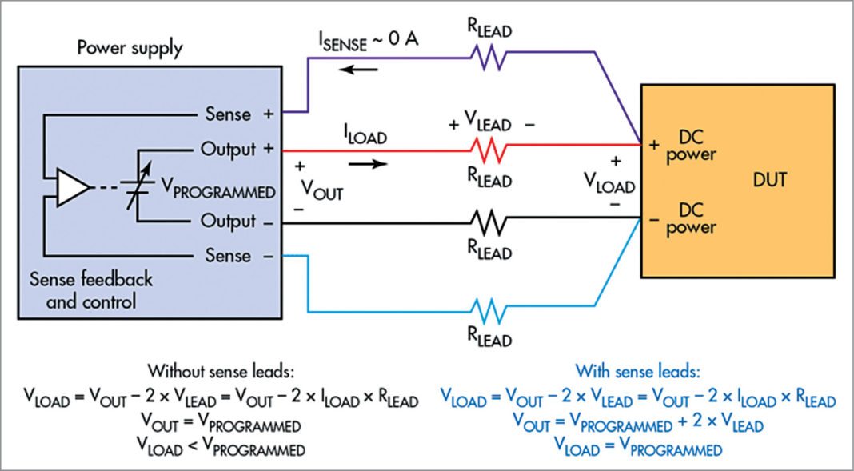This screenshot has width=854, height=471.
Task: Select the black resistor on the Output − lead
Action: coord(489,222)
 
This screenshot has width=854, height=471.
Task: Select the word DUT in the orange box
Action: coord(768,181)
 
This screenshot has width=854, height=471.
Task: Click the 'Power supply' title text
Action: coord(130,48)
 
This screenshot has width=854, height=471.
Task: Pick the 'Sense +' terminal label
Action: coord(239,114)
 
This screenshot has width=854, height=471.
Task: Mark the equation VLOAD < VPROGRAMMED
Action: coord(221,449)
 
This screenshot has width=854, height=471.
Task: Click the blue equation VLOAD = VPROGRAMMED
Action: coord(637,449)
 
